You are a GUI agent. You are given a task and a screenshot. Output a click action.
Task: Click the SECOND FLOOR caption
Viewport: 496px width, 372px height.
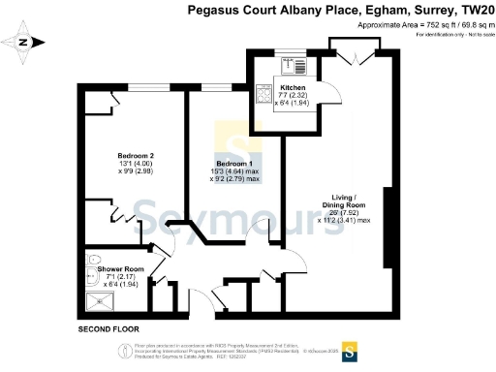(108, 330)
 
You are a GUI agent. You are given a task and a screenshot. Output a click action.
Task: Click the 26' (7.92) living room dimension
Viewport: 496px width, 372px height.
(344, 213)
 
